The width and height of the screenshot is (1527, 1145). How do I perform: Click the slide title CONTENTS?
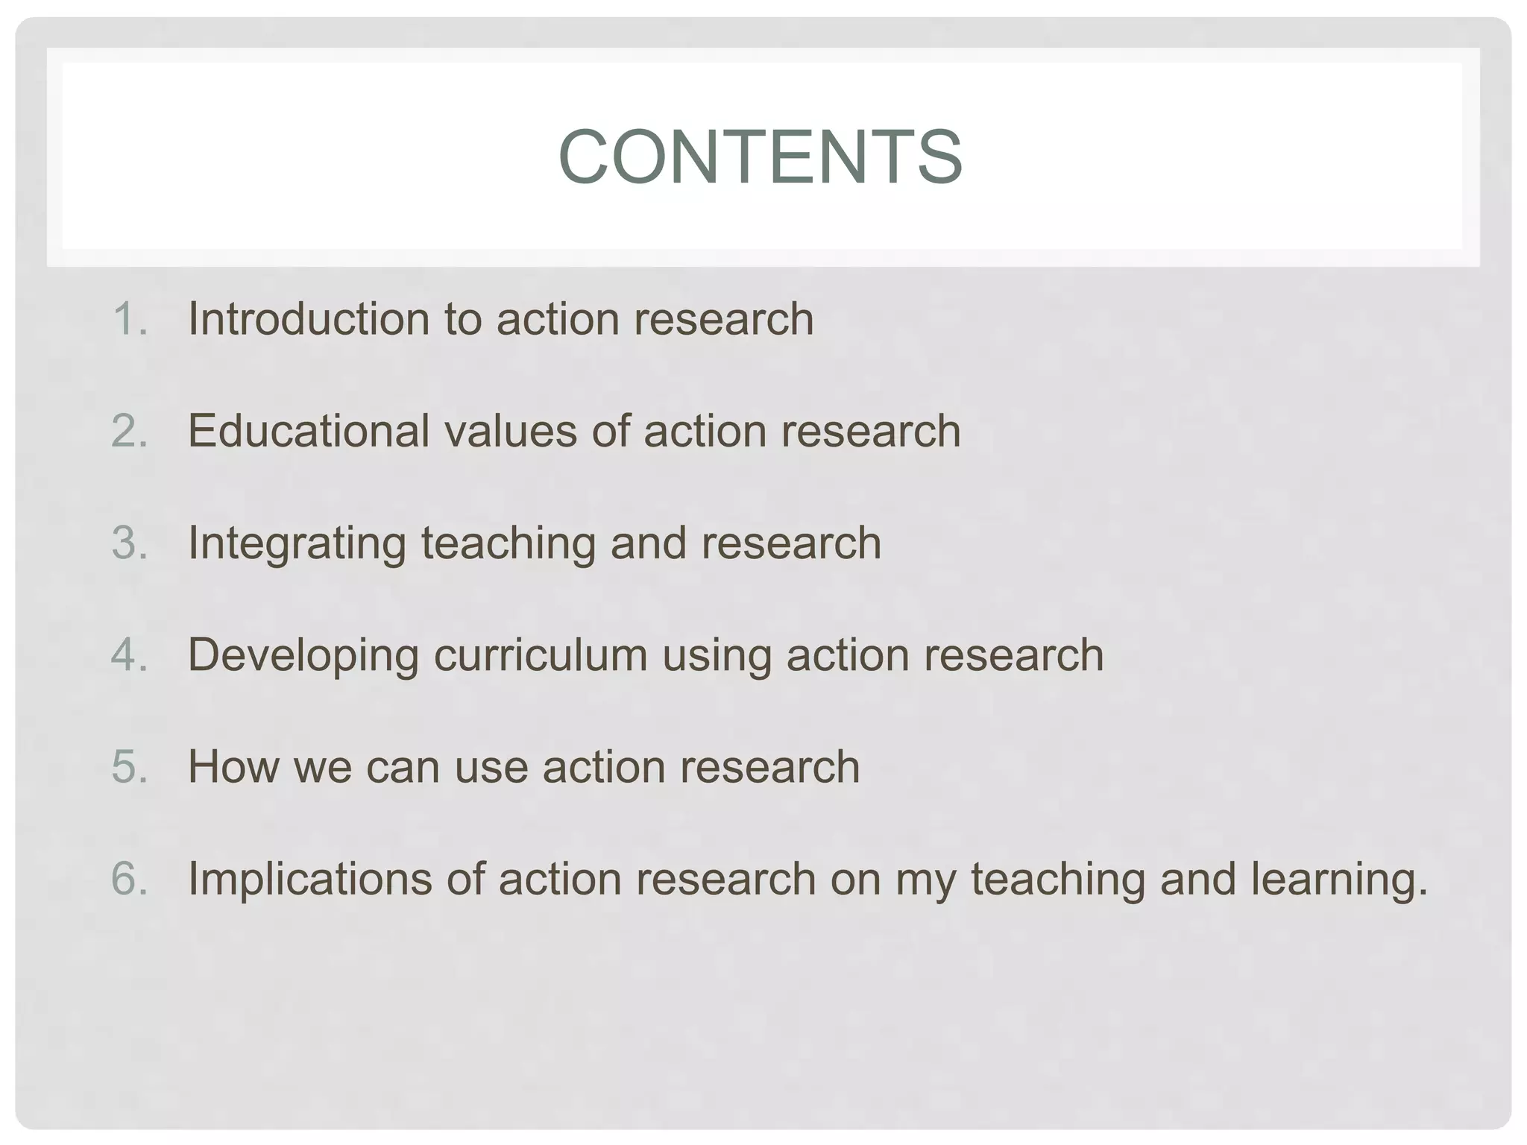(761, 157)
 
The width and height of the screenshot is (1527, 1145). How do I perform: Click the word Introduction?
(309, 319)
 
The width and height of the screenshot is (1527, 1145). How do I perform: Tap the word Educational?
(309, 431)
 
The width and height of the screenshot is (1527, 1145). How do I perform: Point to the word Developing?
(303, 656)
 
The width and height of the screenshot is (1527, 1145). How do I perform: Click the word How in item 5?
(233, 766)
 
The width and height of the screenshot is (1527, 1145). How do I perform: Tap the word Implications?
(309, 880)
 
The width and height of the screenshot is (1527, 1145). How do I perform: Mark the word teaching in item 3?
(508, 544)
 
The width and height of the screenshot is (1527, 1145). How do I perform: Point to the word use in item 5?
(491, 768)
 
